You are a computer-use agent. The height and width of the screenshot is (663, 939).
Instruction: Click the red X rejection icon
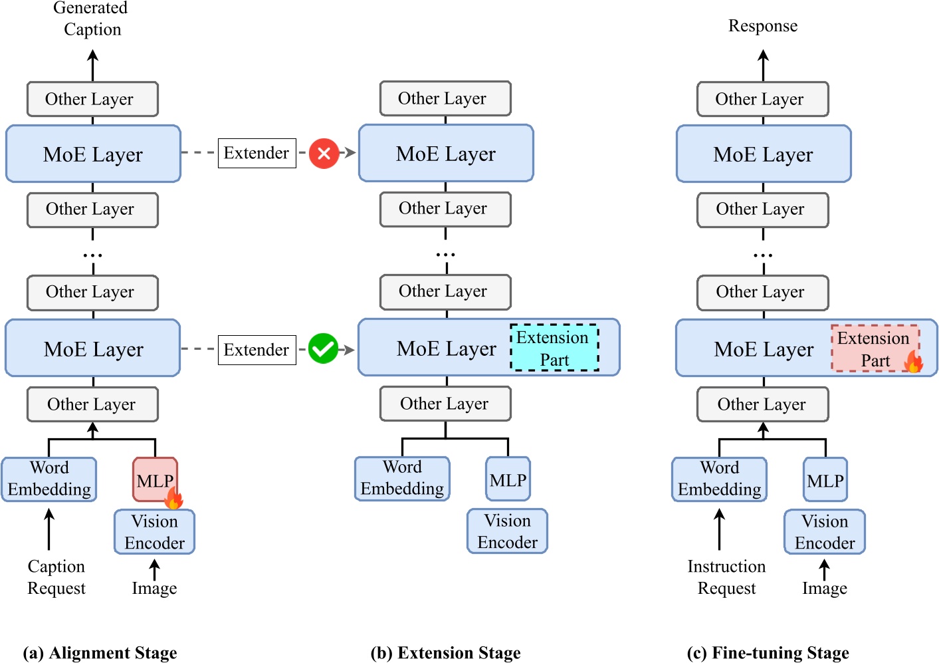click(324, 154)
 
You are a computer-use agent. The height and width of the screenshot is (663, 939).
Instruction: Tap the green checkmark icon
click(324, 349)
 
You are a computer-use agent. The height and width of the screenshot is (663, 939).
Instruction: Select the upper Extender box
click(257, 154)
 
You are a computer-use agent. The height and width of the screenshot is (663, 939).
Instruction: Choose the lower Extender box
click(257, 350)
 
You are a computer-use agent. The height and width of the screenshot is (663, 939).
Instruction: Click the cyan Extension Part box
click(554, 348)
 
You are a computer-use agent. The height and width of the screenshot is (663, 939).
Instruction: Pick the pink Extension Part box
click(874, 348)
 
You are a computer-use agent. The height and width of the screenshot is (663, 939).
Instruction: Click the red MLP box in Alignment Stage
click(154, 479)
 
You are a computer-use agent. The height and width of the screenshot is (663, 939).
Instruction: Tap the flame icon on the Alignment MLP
click(173, 497)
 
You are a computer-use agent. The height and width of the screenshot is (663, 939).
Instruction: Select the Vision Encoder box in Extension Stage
click(507, 531)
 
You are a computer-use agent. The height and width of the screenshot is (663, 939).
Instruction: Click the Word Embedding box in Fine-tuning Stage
click(719, 479)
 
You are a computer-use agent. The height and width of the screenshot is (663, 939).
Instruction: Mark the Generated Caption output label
click(92, 19)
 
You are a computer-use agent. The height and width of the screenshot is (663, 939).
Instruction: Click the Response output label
click(763, 26)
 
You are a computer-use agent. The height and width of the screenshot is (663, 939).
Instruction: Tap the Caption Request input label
click(56, 577)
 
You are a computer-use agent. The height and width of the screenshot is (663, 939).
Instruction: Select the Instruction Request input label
click(726, 577)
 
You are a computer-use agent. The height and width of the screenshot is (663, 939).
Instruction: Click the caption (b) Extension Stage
click(445, 653)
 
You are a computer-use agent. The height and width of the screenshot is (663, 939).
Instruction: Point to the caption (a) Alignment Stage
click(100, 653)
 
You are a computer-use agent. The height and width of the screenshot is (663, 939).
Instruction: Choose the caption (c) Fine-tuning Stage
click(768, 653)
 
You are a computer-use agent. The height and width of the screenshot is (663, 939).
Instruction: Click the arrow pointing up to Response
click(763, 65)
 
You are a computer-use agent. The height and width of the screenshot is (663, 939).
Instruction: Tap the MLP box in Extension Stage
click(508, 479)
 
